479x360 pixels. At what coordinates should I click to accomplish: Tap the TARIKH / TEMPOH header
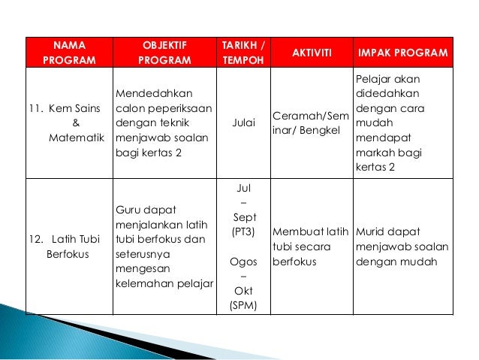click(243, 53)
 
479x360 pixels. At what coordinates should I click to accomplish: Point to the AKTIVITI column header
click(307, 53)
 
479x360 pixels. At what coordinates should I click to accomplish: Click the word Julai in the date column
click(243, 122)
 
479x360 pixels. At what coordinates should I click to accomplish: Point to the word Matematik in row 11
click(77, 138)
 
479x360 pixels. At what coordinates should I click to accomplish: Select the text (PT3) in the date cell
click(243, 232)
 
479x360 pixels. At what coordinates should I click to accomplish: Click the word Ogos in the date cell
click(243, 262)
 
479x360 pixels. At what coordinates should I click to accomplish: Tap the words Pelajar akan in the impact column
click(387, 78)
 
